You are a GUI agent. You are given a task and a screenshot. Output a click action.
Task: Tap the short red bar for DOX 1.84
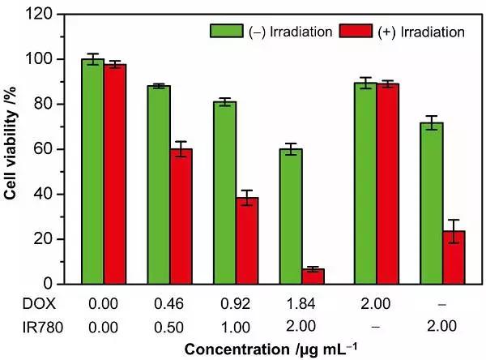(313, 276)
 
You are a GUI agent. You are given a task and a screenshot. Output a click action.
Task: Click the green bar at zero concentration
(92, 171)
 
